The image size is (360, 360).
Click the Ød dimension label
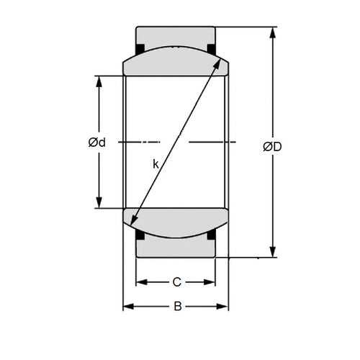(x=97, y=142)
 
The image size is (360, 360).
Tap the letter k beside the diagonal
(x=156, y=163)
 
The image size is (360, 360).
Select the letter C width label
(x=176, y=282)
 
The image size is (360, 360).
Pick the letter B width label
(x=177, y=307)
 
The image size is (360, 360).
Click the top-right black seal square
(x=212, y=49)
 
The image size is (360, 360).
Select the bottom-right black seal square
(x=212, y=235)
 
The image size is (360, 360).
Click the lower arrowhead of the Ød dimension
(x=99, y=202)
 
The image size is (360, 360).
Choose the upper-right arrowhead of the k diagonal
(x=218, y=62)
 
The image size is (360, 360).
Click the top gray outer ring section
(x=176, y=37)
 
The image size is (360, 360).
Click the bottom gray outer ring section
(x=176, y=248)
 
